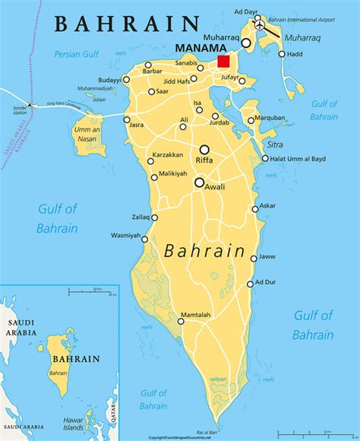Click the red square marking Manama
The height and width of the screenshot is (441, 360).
223,62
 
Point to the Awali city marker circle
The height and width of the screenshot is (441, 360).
199,182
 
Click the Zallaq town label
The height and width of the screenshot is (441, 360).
141,217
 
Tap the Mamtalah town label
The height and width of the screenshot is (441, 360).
195,315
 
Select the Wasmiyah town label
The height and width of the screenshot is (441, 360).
125,235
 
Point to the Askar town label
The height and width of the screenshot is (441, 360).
267,206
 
